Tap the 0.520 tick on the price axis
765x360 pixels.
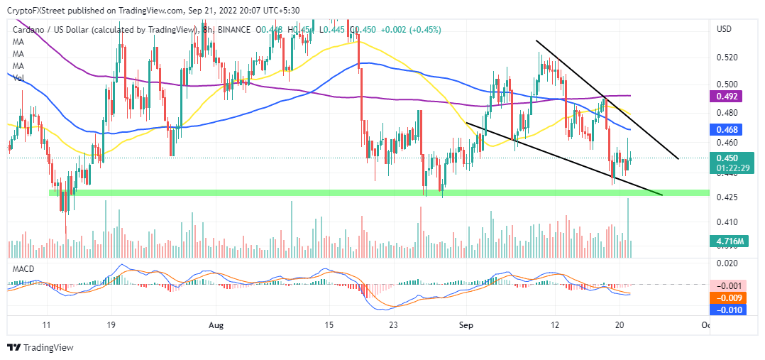[727, 58]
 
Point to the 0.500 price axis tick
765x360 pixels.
[727, 84]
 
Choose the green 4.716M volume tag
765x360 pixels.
[727, 241]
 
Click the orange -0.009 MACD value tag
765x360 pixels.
[727, 298]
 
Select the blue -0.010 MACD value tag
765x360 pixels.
[727, 310]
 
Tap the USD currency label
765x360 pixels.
[725, 29]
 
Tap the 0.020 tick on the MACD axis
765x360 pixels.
[727, 263]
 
